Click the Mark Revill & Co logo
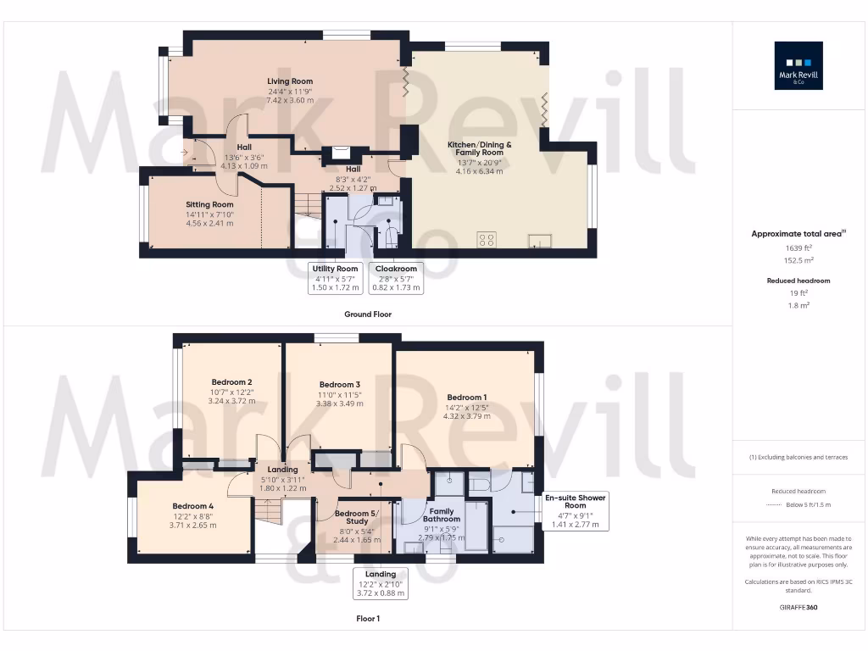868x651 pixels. coord(800,65)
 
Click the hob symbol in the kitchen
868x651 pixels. coord(487,239)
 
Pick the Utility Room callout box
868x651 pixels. coord(336,278)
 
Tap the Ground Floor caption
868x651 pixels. coord(368,314)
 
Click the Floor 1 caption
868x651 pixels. coord(368,619)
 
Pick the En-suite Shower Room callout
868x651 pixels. coord(575,510)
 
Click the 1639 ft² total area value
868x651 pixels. coord(799,248)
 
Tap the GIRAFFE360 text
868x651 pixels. coord(799,607)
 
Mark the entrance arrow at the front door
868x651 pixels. coord(185,153)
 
